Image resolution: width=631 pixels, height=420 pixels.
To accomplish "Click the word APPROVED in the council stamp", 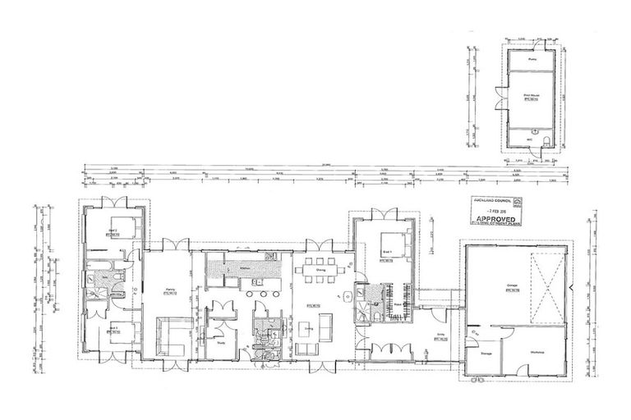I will click(498, 221).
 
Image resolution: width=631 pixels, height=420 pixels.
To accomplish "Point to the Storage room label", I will click(486, 354).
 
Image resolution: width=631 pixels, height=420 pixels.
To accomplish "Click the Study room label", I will click(220, 345).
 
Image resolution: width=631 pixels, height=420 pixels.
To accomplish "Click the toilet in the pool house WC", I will click(535, 131).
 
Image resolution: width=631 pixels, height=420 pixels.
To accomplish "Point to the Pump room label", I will click(532, 59).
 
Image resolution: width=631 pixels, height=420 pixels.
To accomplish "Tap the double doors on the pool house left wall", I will click(497, 98).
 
